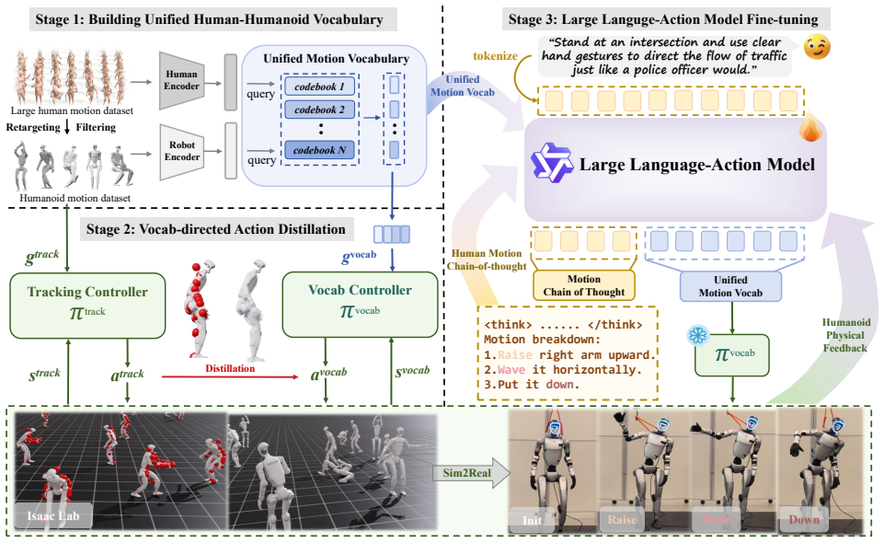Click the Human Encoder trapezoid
pyautogui.click(x=181, y=81)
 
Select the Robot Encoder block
pyautogui.click(x=181, y=151)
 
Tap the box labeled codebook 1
pyautogui.click(x=320, y=87)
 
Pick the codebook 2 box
pyautogui.click(x=320, y=110)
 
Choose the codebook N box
pyautogui.click(x=320, y=150)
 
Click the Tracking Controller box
pyautogui.click(x=87, y=305)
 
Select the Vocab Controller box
pyautogui.click(x=360, y=304)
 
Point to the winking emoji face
pyautogui.click(x=817, y=46)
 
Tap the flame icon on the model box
pyautogui.click(x=810, y=128)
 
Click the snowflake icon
pyautogui.click(x=698, y=336)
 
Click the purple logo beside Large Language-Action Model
pyautogui.click(x=551, y=163)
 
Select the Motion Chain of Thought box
pyautogui.click(x=583, y=285)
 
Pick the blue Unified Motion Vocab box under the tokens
pyautogui.click(x=730, y=286)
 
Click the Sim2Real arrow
pyautogui.click(x=471, y=473)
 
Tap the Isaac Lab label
pyautogui.click(x=53, y=515)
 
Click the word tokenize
pyautogui.click(x=495, y=56)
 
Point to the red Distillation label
pyautogui.click(x=230, y=368)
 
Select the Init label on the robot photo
pyautogui.click(x=532, y=520)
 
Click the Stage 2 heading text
pyautogui.click(x=215, y=229)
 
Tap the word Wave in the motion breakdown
pyautogui.click(x=511, y=370)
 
